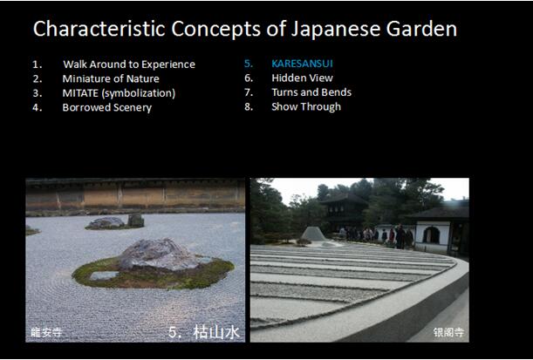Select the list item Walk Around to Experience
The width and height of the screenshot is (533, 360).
pyautogui.click(x=129, y=65)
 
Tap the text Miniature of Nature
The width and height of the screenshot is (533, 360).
pyautogui.click(x=111, y=78)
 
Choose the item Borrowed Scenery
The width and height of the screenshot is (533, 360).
pyautogui.click(x=106, y=107)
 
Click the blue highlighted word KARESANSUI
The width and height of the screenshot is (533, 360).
pyautogui.click(x=302, y=64)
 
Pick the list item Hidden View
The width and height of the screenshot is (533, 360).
pyautogui.click(x=302, y=78)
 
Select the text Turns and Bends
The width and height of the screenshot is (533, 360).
pyautogui.click(x=311, y=92)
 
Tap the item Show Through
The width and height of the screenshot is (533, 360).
pyautogui.click(x=306, y=106)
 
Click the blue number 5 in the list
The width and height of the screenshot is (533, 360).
pyautogui.click(x=249, y=64)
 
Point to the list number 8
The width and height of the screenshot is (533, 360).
pyautogui.click(x=249, y=106)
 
